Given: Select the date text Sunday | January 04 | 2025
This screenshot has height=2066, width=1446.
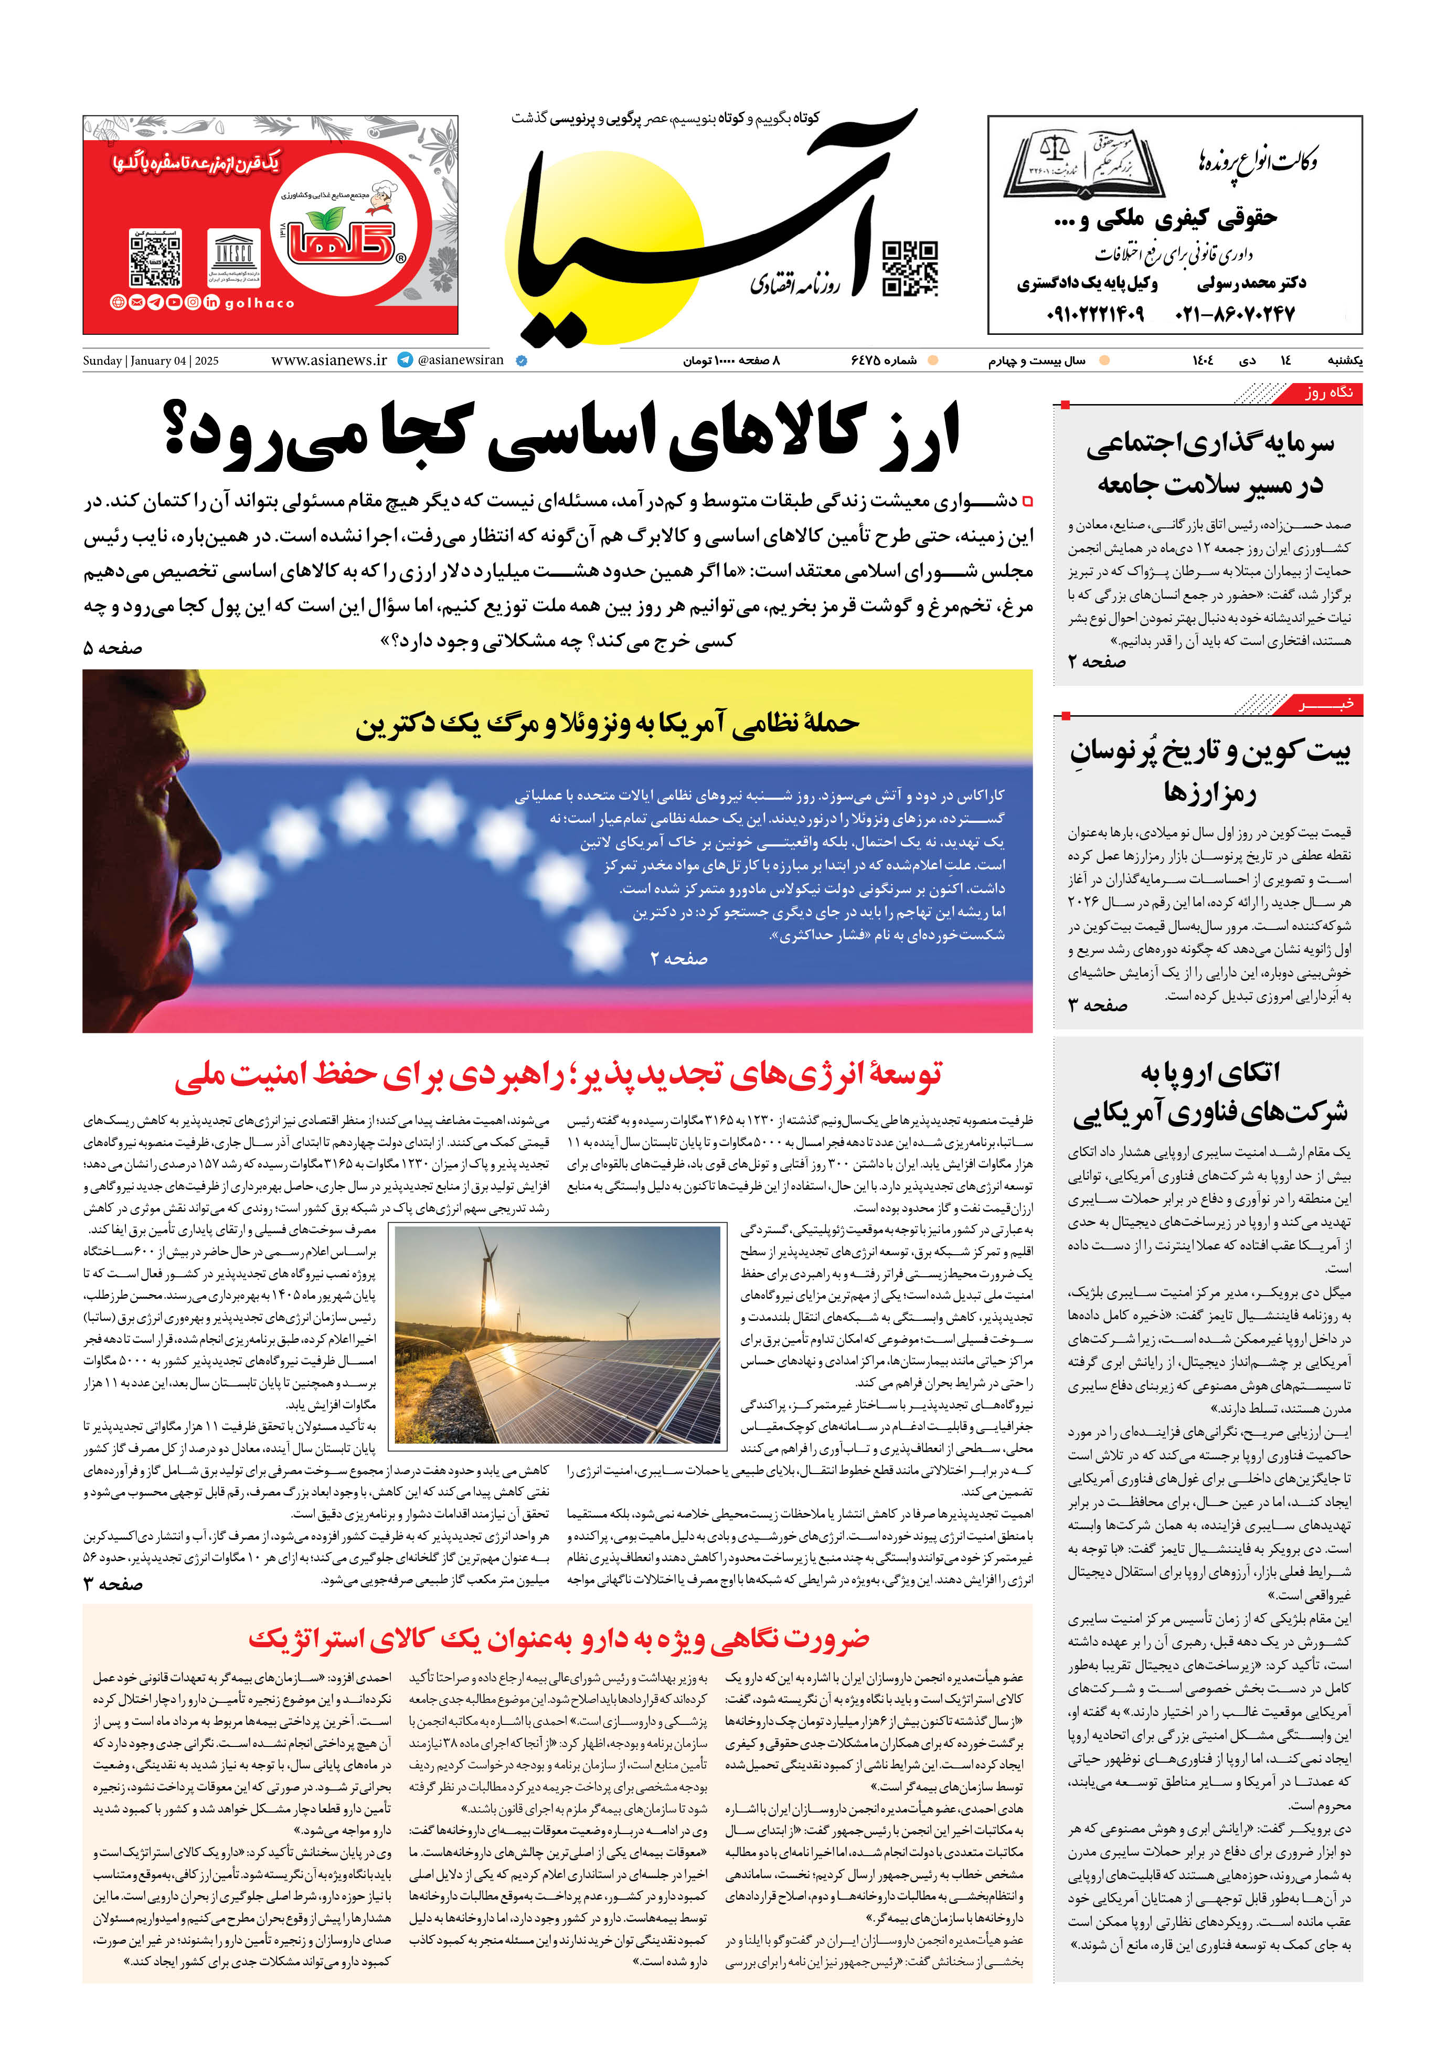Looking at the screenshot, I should pyautogui.click(x=150, y=361).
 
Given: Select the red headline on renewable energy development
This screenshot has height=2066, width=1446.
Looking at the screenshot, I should pyautogui.click(x=558, y=1074).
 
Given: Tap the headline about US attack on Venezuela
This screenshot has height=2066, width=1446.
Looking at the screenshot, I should pyautogui.click(x=608, y=724).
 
